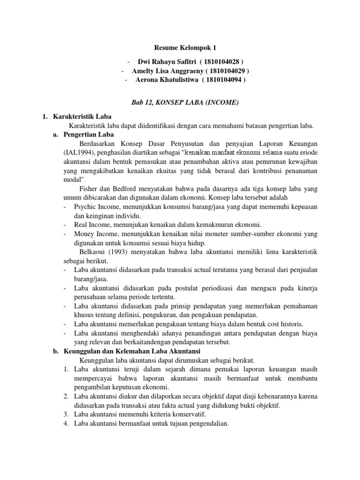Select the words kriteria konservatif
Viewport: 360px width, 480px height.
click(175, 415)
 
